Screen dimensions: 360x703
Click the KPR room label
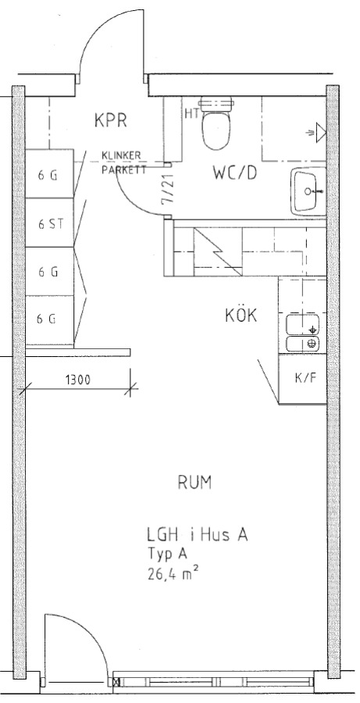click(x=111, y=120)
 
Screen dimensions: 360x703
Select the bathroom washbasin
click(x=308, y=191)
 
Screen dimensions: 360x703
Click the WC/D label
click(x=235, y=173)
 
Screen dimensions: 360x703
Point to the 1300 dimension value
click(x=78, y=380)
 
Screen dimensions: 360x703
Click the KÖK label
click(x=241, y=316)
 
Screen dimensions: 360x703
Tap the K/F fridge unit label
click(x=305, y=377)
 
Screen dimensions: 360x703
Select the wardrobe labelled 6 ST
click(x=49, y=223)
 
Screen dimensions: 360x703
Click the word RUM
click(x=194, y=483)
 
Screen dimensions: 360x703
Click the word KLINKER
click(x=121, y=155)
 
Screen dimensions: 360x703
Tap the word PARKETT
click(x=123, y=170)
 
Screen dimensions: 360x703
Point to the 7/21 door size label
click(x=168, y=190)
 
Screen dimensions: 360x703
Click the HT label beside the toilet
click(x=191, y=113)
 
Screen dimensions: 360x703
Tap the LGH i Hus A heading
click(x=198, y=535)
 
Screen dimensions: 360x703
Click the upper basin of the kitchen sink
click(x=303, y=324)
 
